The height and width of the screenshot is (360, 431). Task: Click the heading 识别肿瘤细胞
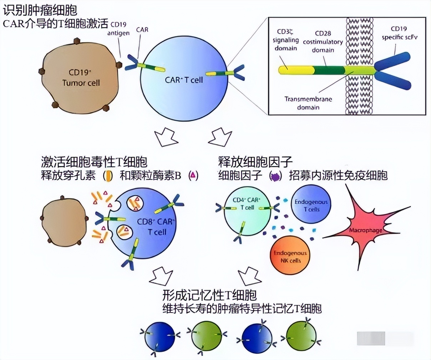(x=40, y=10)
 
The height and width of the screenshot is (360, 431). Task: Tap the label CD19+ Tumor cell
(x=81, y=78)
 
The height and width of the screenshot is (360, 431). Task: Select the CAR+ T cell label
(x=184, y=80)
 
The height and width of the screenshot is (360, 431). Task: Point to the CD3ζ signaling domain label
(x=286, y=40)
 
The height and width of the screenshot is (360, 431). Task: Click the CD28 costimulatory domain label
(x=323, y=42)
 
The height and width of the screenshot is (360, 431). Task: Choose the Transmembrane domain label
(x=308, y=103)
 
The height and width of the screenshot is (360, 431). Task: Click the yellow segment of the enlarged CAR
(x=296, y=70)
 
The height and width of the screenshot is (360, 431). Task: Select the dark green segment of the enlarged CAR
(x=329, y=70)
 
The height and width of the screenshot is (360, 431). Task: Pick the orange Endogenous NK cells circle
(x=290, y=257)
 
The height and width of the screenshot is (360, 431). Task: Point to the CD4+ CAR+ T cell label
(x=247, y=204)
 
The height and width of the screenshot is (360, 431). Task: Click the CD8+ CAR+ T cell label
(x=156, y=227)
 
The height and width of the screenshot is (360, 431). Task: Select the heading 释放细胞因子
(x=255, y=162)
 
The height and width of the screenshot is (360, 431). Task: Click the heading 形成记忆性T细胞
(x=209, y=295)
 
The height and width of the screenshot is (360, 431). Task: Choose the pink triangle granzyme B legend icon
(x=193, y=175)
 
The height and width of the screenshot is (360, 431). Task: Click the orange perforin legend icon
(x=108, y=176)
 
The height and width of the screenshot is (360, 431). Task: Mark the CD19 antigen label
(x=118, y=29)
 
